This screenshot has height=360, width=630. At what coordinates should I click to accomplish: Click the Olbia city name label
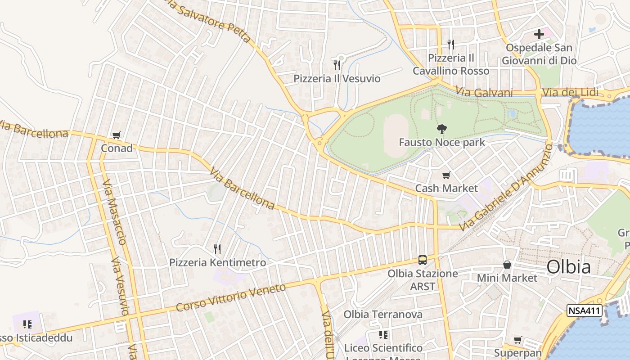[x=568, y=267]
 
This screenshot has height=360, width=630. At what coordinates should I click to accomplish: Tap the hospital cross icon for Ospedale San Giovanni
[x=539, y=34]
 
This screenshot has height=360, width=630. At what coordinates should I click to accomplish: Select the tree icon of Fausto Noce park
[x=441, y=129]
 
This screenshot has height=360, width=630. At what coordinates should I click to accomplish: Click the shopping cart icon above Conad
[x=117, y=135]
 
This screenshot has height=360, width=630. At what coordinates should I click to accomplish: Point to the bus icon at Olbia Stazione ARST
[x=423, y=260]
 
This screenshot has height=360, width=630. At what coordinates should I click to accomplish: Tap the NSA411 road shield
[x=584, y=310]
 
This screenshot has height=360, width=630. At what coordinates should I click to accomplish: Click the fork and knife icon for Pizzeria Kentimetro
[x=217, y=249]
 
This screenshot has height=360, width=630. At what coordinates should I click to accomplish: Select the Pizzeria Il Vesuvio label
[x=337, y=79]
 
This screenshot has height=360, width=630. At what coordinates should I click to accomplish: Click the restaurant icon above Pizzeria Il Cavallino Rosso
[x=451, y=44]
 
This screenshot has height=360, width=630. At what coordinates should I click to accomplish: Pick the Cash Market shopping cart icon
[x=446, y=175]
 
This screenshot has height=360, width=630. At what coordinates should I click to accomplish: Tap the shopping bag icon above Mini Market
[x=507, y=265]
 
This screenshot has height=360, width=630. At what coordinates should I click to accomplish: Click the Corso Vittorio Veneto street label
[x=230, y=297]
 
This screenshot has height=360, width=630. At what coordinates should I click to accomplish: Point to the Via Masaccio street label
[x=115, y=212]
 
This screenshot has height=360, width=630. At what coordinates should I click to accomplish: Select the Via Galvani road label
[x=484, y=92]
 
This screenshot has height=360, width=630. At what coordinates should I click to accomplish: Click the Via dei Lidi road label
[x=571, y=92]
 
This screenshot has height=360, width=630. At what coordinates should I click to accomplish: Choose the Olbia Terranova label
[x=383, y=314]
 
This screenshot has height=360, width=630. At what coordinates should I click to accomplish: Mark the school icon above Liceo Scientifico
[x=383, y=334]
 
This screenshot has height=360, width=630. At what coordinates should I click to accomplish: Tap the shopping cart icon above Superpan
[x=517, y=340]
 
